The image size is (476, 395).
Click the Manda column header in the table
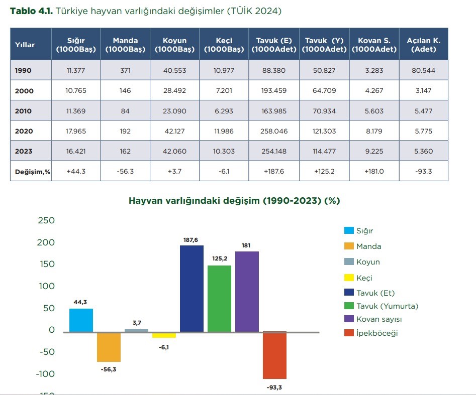pos(125,44)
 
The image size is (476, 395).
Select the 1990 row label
pos(23,70)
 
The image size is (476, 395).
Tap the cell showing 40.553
pos(174,70)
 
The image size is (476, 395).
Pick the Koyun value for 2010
pos(174,111)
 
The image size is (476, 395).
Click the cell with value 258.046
pos(273,131)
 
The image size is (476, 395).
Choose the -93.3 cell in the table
pos(423,171)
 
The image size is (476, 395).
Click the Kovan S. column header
pos(374,44)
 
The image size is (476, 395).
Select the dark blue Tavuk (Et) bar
pos(192,289)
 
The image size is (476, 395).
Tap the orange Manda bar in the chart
pos(109,347)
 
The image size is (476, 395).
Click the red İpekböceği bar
pos(274,355)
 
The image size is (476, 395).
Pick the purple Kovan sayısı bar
pos(247,292)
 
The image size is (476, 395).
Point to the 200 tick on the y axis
pos(46,242)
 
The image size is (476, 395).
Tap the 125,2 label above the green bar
pos(220,259)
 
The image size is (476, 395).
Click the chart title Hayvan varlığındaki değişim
pos(234,200)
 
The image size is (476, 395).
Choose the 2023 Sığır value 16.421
pos(76,151)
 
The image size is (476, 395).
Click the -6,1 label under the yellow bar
pos(164,347)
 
